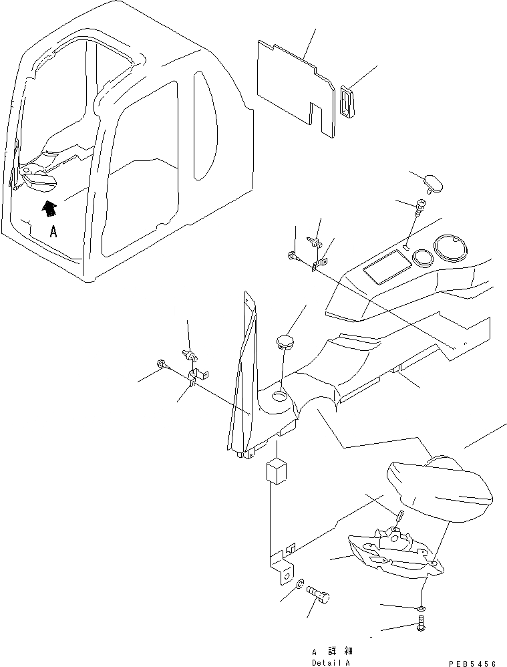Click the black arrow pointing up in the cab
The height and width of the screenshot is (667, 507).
(48, 209)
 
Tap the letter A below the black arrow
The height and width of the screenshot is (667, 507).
(53, 233)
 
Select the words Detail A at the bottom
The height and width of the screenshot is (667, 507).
(330, 662)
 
